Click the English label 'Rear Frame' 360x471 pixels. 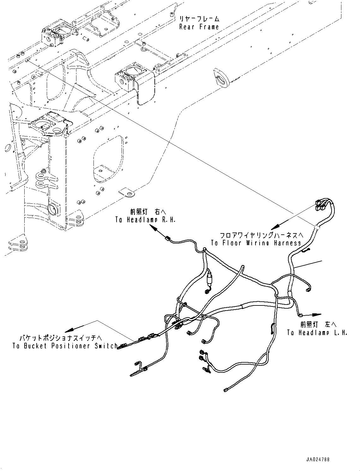pos(199,27)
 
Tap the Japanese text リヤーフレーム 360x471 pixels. pos(199,19)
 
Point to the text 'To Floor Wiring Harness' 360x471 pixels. pos(256,243)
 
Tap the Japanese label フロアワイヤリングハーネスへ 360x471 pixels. pos(261,235)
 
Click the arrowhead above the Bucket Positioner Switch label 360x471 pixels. pos(69,330)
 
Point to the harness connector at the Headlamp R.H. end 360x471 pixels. pos(168,238)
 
